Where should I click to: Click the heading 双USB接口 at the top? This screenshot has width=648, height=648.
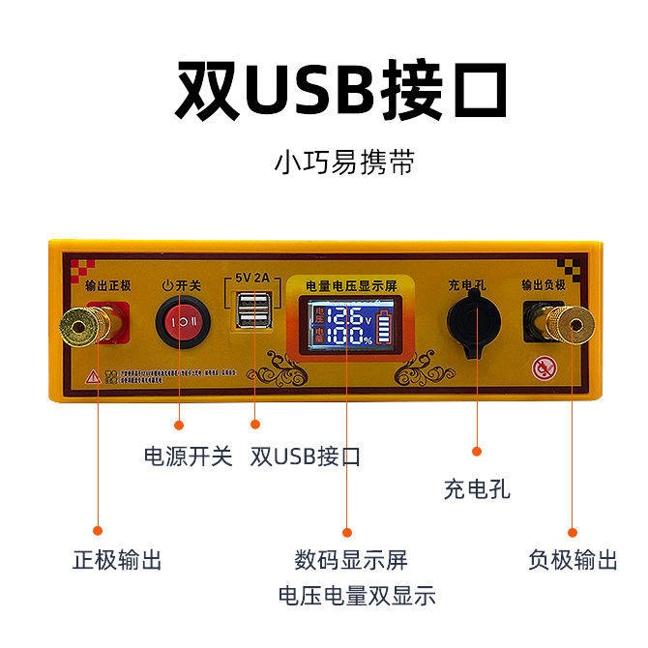point(341,90)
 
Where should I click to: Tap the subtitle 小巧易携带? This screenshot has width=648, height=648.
point(344,161)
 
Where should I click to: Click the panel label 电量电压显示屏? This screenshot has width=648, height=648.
point(352,286)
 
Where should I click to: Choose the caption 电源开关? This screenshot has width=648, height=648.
point(188,456)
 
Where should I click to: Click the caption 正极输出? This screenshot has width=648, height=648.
point(116,559)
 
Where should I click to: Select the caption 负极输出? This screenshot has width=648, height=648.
point(573,559)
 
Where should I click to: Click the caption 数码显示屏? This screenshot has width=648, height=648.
point(351,559)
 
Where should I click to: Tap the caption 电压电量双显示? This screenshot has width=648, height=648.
point(356,595)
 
